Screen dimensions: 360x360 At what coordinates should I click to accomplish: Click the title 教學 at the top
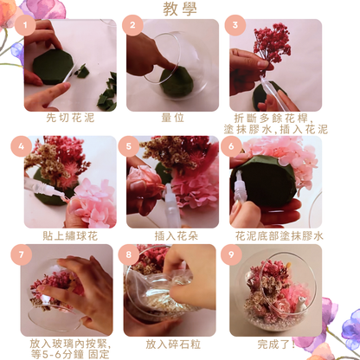click(180, 9)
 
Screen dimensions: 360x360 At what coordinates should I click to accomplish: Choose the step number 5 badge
click(128, 145)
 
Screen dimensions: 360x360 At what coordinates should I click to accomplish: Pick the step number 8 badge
click(130, 254)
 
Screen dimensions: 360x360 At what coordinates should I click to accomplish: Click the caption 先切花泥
click(69, 116)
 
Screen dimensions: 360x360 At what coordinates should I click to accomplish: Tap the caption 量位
click(171, 116)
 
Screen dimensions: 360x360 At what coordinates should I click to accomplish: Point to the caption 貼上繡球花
click(69, 235)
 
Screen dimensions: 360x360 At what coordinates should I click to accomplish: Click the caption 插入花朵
click(171, 235)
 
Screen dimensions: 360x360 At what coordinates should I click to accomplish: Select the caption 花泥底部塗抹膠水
click(279, 235)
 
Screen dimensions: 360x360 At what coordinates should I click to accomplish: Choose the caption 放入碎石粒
click(171, 344)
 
